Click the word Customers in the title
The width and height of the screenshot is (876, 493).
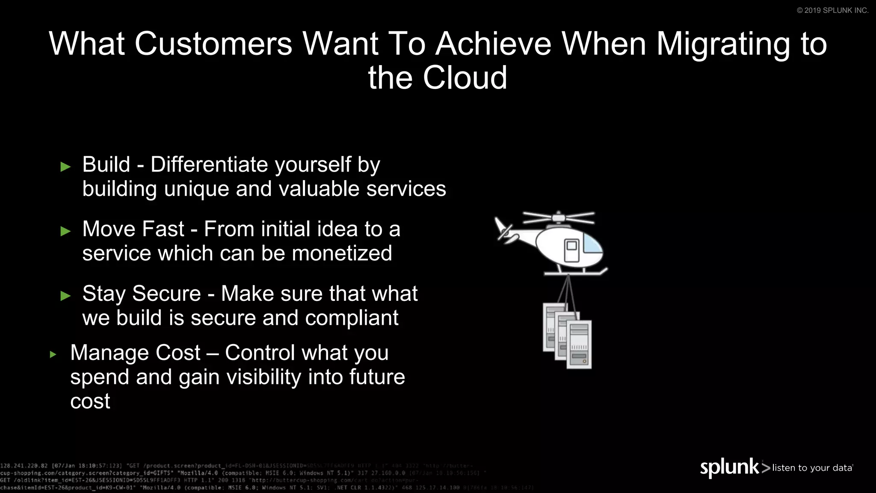click(x=213, y=44)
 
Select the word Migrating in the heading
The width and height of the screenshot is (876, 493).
click(x=723, y=44)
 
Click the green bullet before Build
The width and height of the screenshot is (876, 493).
click(x=65, y=167)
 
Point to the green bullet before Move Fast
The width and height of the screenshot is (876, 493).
click(x=65, y=232)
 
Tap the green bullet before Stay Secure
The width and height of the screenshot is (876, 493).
click(x=65, y=296)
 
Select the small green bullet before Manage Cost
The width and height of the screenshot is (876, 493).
click(x=53, y=354)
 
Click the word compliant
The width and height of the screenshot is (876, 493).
click(x=351, y=318)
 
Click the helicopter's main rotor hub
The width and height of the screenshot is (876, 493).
click(x=558, y=218)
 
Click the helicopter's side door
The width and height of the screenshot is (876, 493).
click(x=571, y=250)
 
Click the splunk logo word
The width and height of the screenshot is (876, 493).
click(x=729, y=467)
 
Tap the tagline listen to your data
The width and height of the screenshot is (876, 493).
click(x=812, y=468)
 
